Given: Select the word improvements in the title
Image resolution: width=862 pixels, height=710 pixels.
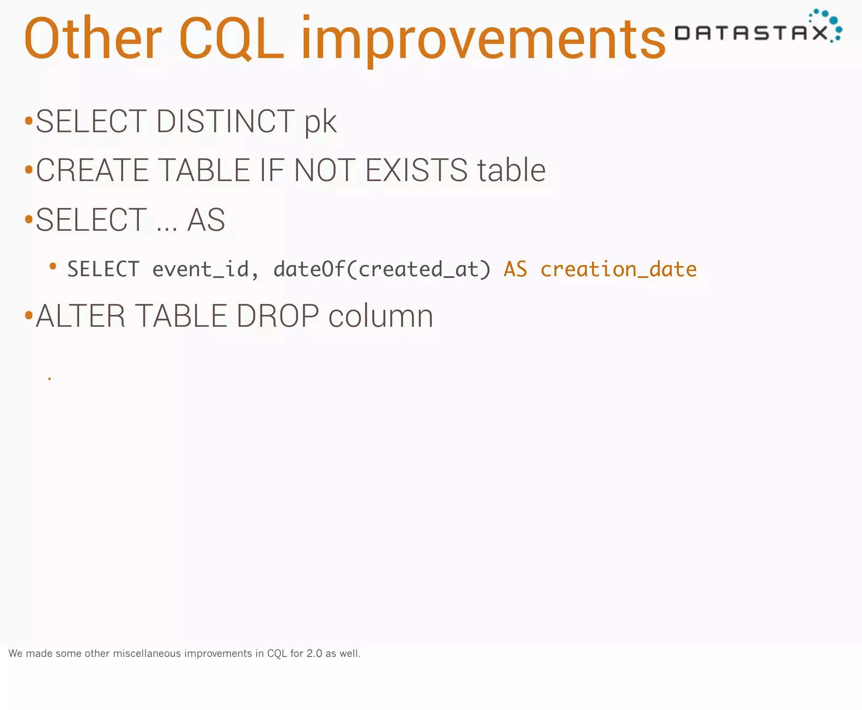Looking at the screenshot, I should coord(483,40).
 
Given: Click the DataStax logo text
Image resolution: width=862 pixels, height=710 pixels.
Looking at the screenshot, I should coord(751,33).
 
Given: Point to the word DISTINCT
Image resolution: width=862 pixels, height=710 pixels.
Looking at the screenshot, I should coord(226,121).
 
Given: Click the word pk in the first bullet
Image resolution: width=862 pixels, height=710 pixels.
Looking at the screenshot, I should coord(321,122).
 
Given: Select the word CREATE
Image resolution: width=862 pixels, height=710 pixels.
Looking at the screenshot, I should coord(93,170).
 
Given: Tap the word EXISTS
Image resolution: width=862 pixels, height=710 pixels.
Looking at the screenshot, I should coord(416,170).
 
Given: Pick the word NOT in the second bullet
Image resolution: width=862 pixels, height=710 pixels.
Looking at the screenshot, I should coord(325,170).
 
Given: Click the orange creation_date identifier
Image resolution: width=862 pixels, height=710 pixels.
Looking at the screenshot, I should coord(618,269).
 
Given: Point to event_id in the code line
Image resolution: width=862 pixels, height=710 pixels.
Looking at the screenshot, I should coord(200,270).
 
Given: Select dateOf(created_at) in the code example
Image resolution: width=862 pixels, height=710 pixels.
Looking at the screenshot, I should coord(382,270).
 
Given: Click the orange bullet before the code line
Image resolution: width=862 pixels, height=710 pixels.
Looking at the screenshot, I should coord(53,266).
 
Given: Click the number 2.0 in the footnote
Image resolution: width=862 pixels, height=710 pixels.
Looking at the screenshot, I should coord(314,654).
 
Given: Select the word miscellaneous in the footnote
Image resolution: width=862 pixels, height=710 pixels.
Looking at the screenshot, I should coord(147,654).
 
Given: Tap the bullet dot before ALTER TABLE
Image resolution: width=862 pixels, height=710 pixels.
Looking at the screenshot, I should coord(29,315).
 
